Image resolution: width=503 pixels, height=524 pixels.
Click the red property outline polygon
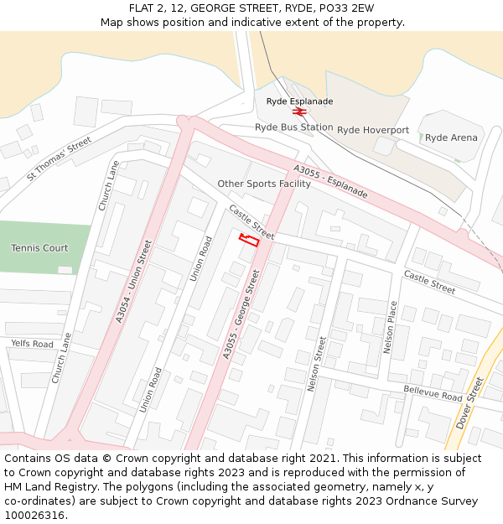coord(248,240)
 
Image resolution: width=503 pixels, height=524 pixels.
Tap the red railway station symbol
coord(299,112)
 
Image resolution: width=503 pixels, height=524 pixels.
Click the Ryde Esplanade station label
coord(299,101)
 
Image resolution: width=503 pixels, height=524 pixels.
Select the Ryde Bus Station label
coord(293,127)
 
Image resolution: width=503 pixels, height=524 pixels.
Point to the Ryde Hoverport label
coord(373,131)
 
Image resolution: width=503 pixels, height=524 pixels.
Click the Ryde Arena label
coord(451,137)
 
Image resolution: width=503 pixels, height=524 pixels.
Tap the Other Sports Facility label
coord(264,184)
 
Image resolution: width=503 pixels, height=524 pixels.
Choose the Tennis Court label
coord(39,248)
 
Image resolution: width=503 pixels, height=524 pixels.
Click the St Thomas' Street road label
coord(59,158)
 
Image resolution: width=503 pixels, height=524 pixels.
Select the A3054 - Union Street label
coord(134,282)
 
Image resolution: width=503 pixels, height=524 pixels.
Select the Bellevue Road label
coord(433,393)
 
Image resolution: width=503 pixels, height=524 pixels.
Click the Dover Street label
coord(469,402)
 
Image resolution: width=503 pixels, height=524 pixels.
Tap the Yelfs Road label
coord(32,344)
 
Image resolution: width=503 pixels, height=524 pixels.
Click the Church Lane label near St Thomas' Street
coord(109,186)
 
